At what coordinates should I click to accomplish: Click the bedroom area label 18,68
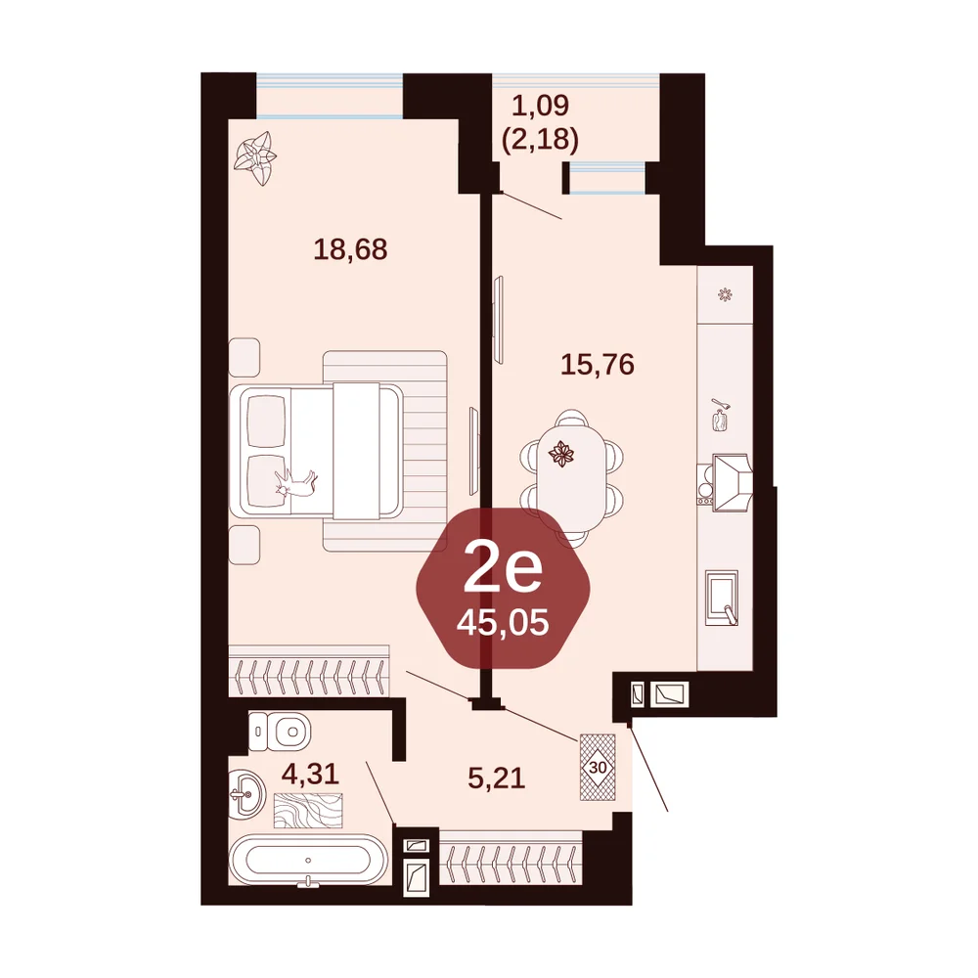350,249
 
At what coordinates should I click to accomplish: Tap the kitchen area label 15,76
598,364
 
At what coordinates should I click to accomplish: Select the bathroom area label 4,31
310,775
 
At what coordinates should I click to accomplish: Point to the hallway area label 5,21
497,778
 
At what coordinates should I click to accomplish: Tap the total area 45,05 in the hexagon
503,622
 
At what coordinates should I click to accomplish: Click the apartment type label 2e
503,571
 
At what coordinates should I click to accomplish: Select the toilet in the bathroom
280,731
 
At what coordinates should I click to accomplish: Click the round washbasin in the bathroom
247,794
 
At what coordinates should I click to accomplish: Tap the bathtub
308,860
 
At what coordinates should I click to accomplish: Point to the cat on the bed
295,482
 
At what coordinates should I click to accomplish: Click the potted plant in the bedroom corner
254,157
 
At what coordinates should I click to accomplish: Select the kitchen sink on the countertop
722,597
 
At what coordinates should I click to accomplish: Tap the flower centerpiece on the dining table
561,454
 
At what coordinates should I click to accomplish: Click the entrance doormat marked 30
598,767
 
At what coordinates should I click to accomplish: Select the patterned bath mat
308,810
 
